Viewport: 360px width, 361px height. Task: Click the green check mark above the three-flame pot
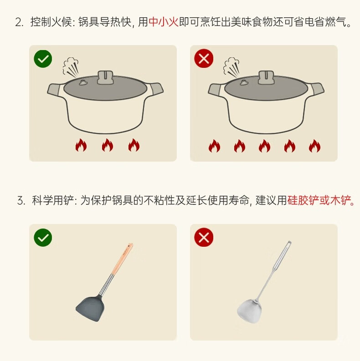tap(43, 59)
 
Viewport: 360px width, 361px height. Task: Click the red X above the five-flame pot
tap(204, 58)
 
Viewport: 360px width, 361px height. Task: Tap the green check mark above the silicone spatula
tap(43, 238)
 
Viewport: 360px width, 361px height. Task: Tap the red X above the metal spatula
tap(204, 237)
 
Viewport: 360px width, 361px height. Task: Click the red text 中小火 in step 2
tap(164, 22)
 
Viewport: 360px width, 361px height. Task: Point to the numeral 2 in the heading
tap(18, 23)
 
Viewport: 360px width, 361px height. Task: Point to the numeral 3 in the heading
tap(21, 201)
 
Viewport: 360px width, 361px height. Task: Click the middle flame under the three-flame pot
tap(108, 145)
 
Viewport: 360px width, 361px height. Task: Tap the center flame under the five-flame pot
tap(264, 146)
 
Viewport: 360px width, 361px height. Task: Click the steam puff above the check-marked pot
tap(71, 67)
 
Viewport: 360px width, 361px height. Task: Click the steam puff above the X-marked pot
tap(231, 67)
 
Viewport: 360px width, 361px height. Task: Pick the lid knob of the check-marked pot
tap(105, 77)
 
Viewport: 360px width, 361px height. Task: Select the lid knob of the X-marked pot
tap(266, 77)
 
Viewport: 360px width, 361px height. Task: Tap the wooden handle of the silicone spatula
tap(123, 259)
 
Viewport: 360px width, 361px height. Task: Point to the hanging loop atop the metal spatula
tap(289, 244)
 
